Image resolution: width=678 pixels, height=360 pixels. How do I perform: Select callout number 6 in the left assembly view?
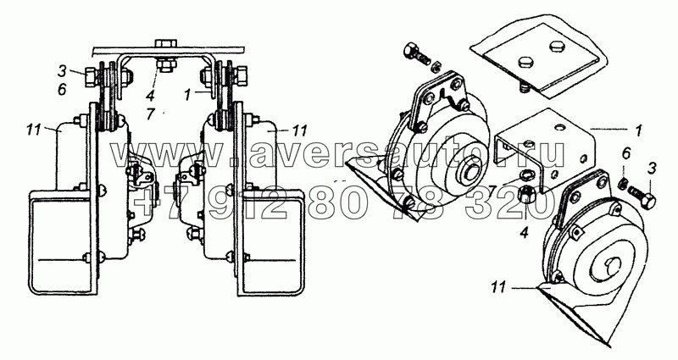62,90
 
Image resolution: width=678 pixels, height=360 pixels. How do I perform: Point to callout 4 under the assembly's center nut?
150,95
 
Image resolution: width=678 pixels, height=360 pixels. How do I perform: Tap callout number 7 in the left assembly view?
151,114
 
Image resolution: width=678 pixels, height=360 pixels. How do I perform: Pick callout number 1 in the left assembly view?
187,95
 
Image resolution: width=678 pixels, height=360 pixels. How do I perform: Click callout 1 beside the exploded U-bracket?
638,130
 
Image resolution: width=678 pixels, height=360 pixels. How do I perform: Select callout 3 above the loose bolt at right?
653,168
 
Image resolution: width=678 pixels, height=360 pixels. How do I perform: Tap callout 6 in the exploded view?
626,153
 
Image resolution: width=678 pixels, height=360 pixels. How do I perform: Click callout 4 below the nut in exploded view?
524,234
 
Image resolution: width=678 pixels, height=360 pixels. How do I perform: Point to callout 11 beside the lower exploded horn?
498,286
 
